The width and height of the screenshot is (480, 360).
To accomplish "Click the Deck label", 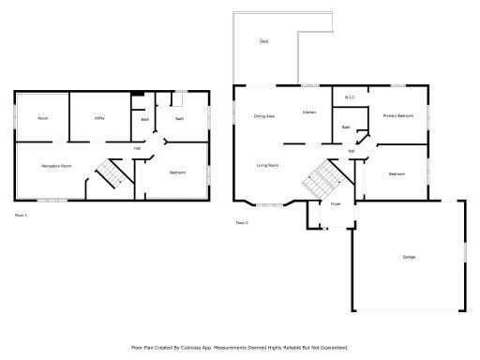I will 264,42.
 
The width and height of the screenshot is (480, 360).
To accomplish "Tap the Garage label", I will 409,257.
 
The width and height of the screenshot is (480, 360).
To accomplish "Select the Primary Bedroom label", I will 397,115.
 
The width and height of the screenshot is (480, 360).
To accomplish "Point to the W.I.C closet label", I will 349,97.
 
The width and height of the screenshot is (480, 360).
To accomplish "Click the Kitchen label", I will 308,112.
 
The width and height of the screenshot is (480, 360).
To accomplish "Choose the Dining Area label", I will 263,116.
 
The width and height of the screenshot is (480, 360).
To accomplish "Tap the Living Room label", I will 267,165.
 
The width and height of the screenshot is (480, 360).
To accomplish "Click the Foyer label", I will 335,203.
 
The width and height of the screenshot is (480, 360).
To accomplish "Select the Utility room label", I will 98,118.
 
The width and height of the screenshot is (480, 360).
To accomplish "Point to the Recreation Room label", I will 56,166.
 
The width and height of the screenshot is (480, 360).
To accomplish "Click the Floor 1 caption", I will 21,215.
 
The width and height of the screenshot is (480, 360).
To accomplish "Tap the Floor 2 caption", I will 242,223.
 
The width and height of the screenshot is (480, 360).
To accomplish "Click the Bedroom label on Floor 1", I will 178,172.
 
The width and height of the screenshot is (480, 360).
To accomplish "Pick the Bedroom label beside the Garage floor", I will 397,173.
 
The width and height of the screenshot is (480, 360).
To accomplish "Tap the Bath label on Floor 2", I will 345,127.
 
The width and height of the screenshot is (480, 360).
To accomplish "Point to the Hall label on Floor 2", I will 352,151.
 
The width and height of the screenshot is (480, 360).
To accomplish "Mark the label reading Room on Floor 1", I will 43,118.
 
